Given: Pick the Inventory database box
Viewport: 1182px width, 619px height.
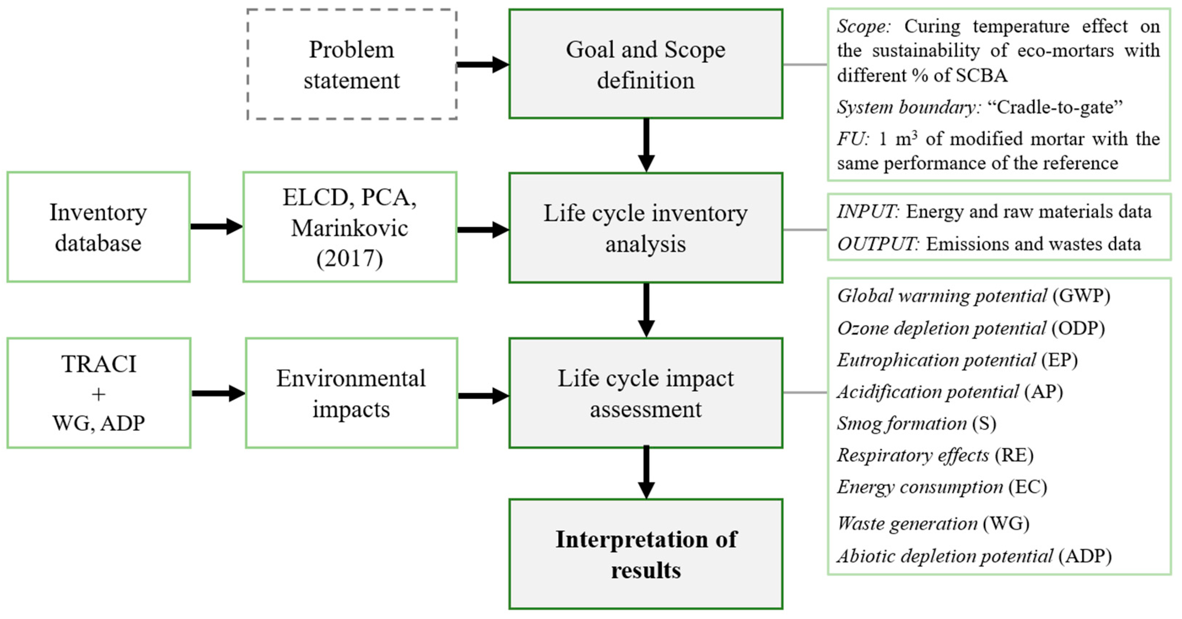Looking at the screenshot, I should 98,227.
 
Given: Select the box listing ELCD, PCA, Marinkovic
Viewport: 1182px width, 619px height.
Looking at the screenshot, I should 350,227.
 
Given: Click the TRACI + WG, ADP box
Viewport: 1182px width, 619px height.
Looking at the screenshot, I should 99,393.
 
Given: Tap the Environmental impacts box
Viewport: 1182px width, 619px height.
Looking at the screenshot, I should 351,393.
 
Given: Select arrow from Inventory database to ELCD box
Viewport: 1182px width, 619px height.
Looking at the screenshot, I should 216,226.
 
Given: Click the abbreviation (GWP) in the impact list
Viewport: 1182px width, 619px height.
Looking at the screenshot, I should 1081,296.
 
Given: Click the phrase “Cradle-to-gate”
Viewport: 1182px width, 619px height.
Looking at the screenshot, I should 1055,107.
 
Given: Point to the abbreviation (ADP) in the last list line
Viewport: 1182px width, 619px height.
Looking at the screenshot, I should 1085,556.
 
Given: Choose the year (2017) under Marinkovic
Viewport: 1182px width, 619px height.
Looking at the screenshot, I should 350,258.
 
